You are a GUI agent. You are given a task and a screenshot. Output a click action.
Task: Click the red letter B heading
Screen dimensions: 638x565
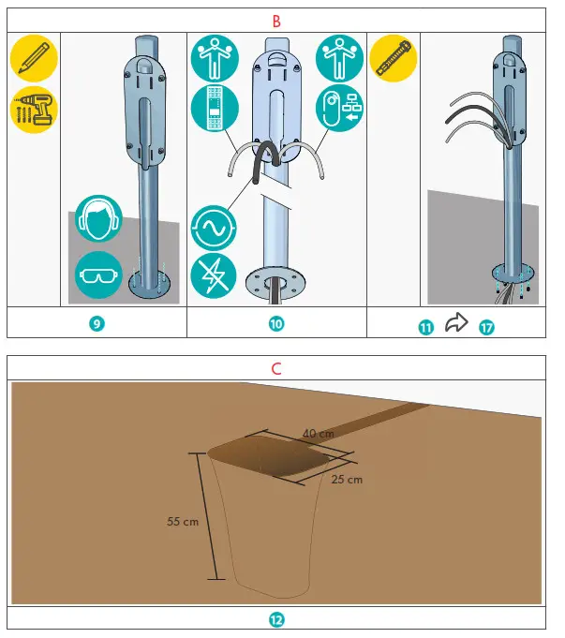pyautogui.click(x=275, y=20)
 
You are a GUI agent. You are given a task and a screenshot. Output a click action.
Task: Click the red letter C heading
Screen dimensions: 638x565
pyautogui.click(x=275, y=368)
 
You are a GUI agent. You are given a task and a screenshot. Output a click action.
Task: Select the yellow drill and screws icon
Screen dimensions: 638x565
pyautogui.click(x=34, y=111)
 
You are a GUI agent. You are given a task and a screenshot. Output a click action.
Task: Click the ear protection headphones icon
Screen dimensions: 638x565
pyautogui.click(x=98, y=219)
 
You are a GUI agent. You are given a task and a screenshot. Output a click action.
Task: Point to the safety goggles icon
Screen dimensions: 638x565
pyautogui.click(x=98, y=274)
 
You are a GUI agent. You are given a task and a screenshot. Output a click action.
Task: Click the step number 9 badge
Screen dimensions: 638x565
pyautogui.click(x=97, y=324)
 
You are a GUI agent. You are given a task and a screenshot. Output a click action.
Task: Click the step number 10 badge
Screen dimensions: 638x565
pyautogui.click(x=276, y=324)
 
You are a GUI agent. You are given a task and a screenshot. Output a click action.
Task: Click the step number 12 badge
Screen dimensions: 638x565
pyautogui.click(x=276, y=619)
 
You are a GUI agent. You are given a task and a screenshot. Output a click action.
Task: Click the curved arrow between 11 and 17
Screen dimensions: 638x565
pyautogui.click(x=455, y=323)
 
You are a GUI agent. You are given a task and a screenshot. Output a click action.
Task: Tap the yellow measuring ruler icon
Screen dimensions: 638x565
pyautogui.click(x=393, y=59)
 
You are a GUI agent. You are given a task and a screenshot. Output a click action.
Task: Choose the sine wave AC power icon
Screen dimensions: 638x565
pyautogui.click(x=215, y=226)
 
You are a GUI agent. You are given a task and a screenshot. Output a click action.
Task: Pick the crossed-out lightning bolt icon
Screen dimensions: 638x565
pyautogui.click(x=215, y=276)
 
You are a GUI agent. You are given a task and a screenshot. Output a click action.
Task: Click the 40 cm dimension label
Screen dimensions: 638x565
pyautogui.click(x=318, y=434)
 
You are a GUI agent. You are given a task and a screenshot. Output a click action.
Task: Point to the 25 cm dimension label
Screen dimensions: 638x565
pyautogui.click(x=348, y=479)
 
